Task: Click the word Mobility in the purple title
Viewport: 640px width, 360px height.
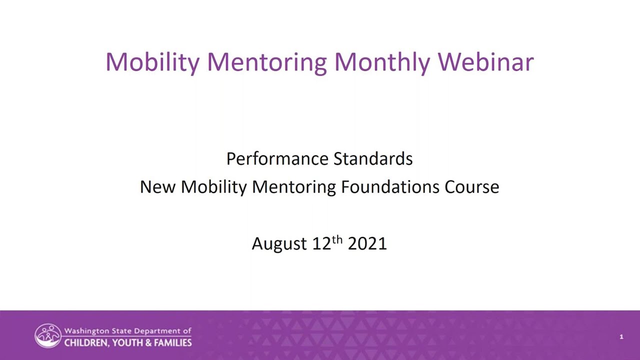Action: click(152, 62)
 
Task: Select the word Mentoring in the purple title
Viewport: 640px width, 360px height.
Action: click(266, 62)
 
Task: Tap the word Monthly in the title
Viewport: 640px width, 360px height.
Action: click(382, 62)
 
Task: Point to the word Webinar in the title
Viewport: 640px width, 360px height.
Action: click(485, 62)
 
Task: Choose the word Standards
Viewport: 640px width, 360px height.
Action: click(373, 159)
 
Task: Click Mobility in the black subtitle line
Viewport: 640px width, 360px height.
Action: click(214, 187)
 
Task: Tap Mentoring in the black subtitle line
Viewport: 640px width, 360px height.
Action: click(294, 187)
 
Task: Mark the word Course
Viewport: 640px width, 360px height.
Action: click(472, 187)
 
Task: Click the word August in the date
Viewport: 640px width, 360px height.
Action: click(279, 244)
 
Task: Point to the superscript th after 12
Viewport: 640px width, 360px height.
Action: click(337, 239)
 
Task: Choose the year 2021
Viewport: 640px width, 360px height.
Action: click(367, 244)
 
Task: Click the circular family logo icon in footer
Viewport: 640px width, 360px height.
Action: click(48, 336)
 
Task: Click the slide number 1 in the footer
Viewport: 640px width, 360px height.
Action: click(621, 337)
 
